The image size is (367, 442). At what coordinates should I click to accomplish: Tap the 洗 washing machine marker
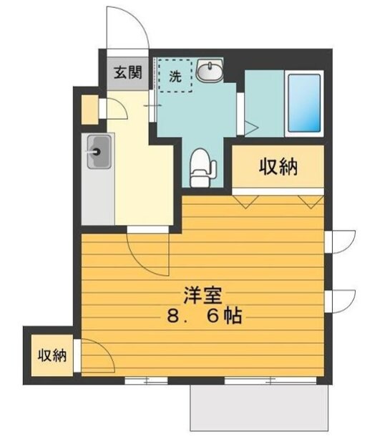tap(175, 75)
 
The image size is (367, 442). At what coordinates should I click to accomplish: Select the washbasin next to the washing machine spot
tap(210, 70)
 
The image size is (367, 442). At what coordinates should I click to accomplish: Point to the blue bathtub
tap(303, 102)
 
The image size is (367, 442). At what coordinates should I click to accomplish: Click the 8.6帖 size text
tap(205, 316)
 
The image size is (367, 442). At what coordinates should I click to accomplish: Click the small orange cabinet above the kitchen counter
tap(89, 109)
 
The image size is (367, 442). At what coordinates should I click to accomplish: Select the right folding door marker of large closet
tap(312, 200)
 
